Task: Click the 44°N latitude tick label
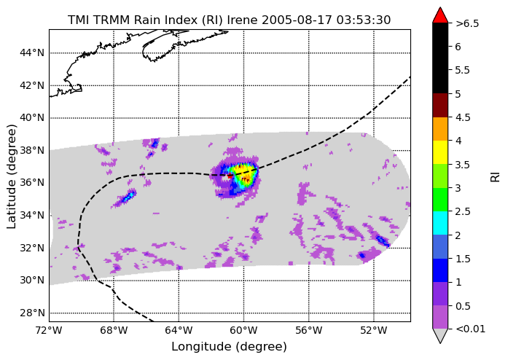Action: (32, 52)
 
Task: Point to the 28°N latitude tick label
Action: (32, 313)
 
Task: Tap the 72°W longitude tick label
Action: (50, 331)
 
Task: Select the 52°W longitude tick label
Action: (374, 331)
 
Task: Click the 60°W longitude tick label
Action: (243, 331)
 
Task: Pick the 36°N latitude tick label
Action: (32, 182)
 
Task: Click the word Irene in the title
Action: (242, 20)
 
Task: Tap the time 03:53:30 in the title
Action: (364, 20)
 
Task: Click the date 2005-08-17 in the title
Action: (297, 20)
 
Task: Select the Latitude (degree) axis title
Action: (12, 176)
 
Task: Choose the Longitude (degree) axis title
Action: (229, 347)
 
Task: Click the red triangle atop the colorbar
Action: (440, 15)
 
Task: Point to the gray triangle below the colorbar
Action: (440, 336)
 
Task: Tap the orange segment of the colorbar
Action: (440, 129)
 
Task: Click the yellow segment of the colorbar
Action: (440, 152)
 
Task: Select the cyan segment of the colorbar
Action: (440, 223)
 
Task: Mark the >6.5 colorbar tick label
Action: (467, 23)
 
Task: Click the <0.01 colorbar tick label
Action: (470, 329)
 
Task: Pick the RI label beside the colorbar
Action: (496, 176)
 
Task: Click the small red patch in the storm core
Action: (230, 176)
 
